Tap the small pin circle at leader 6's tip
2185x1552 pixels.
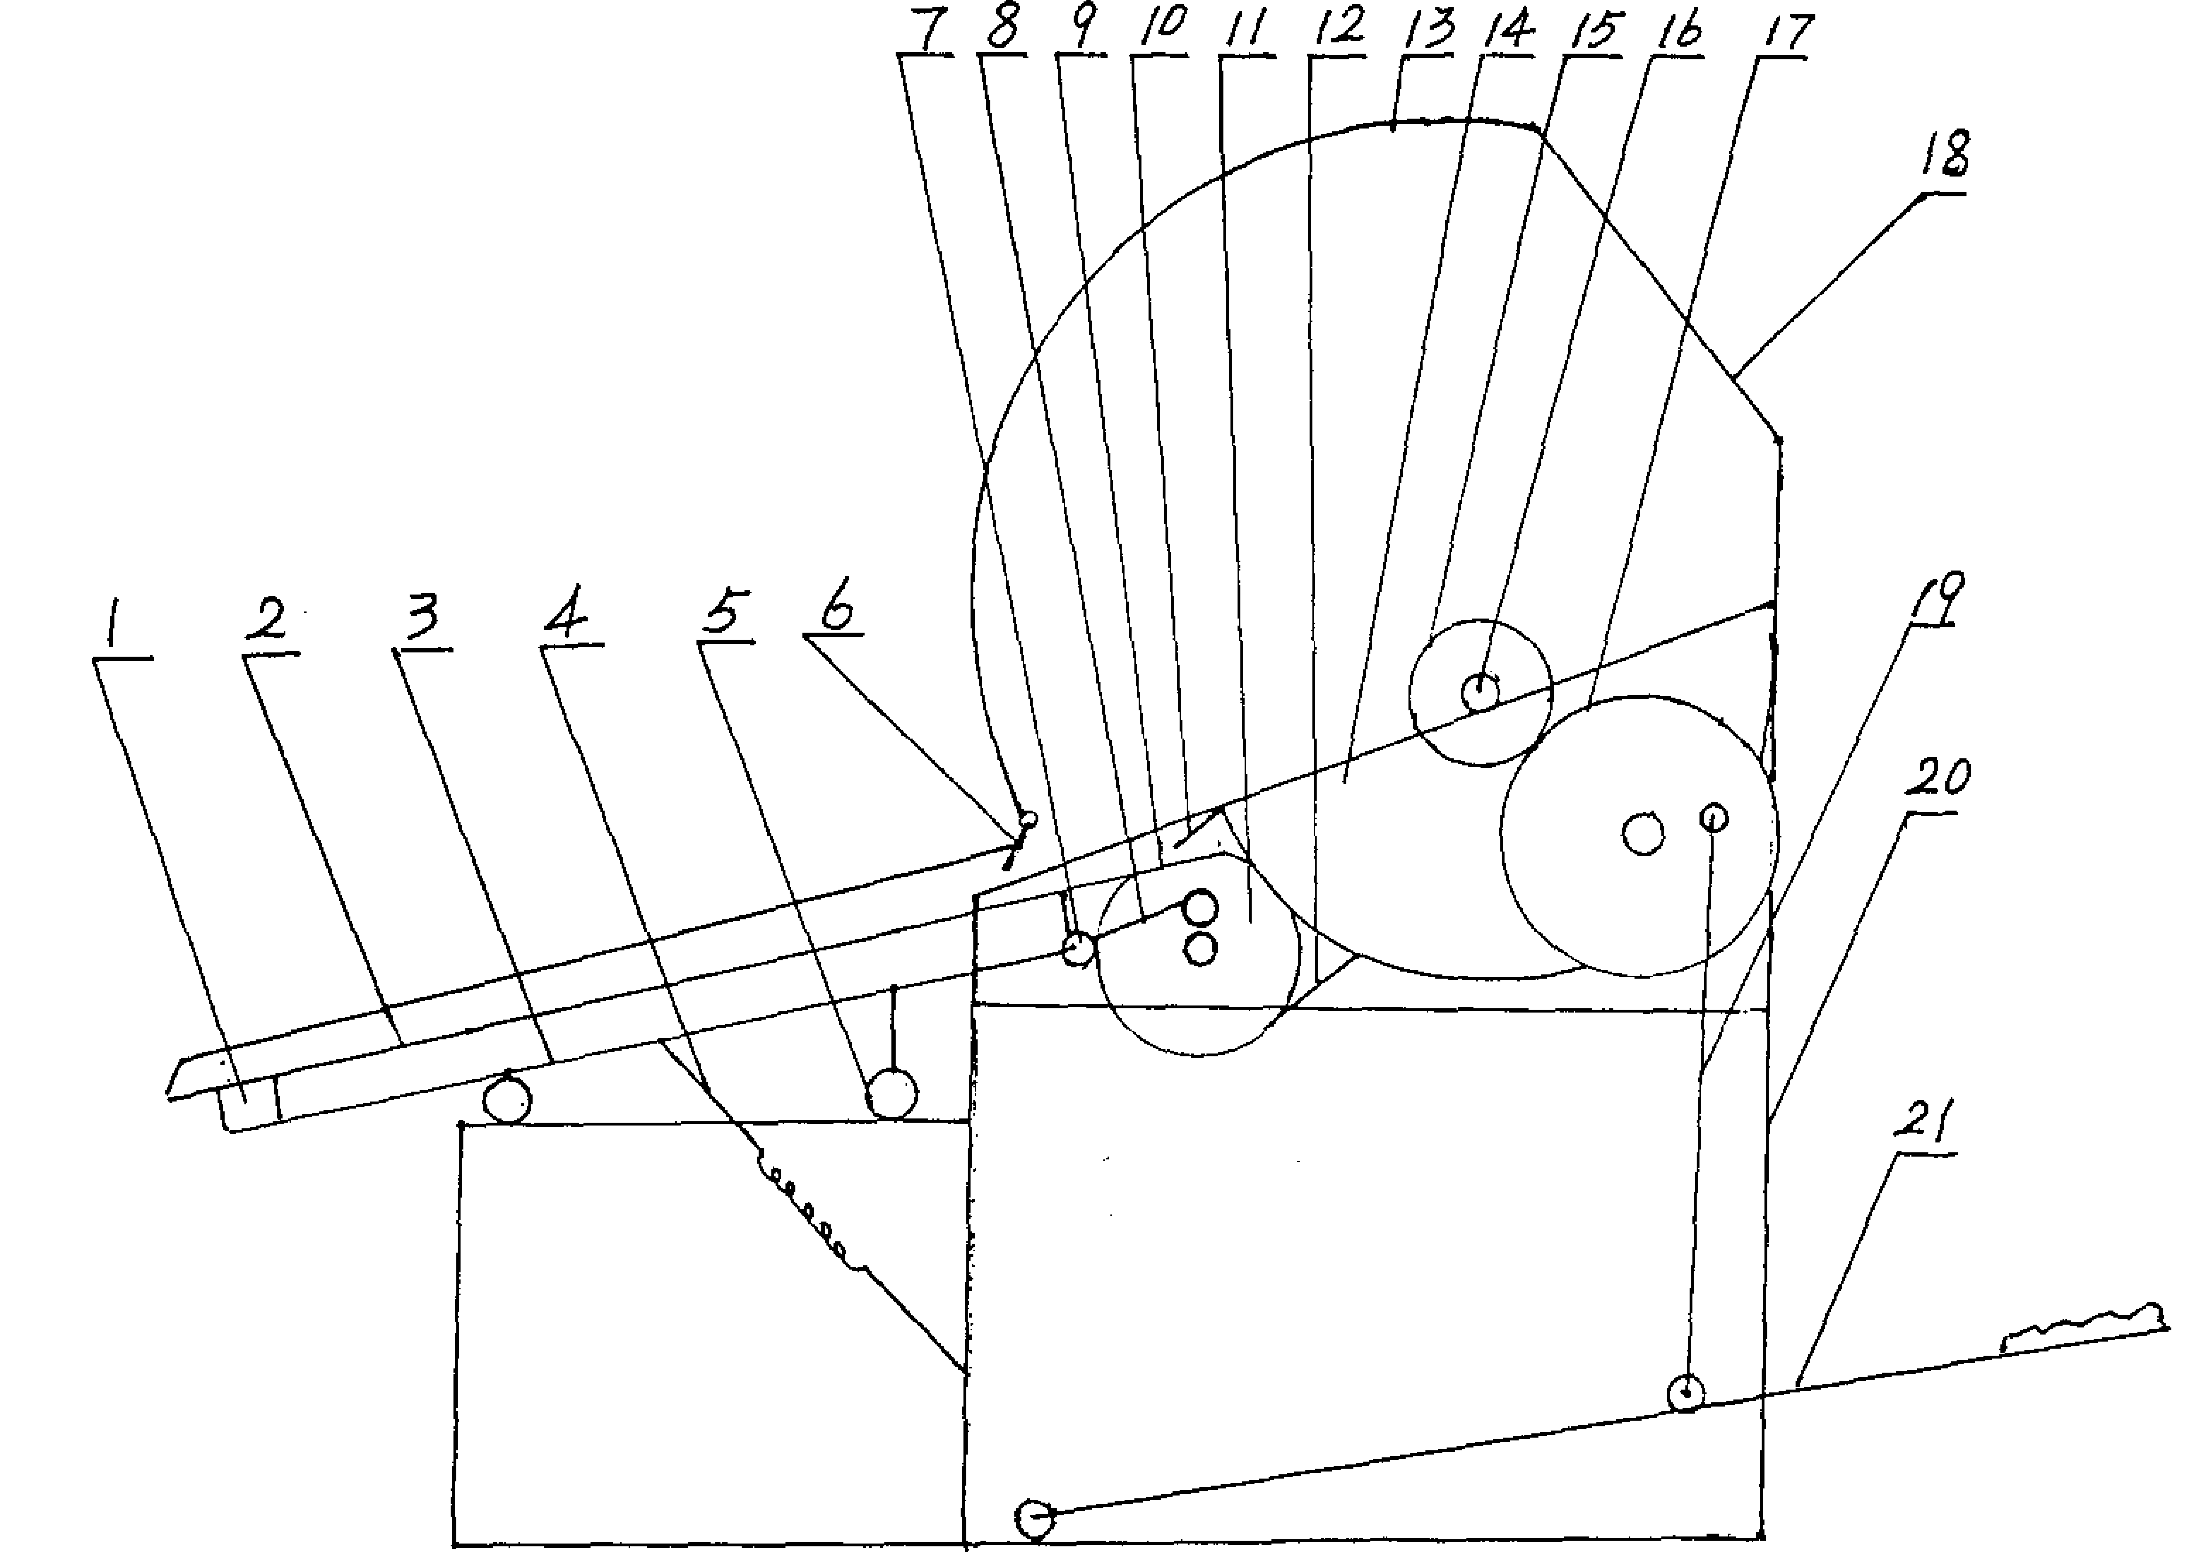pos(1028,819)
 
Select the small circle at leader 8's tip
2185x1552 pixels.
pos(1078,949)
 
